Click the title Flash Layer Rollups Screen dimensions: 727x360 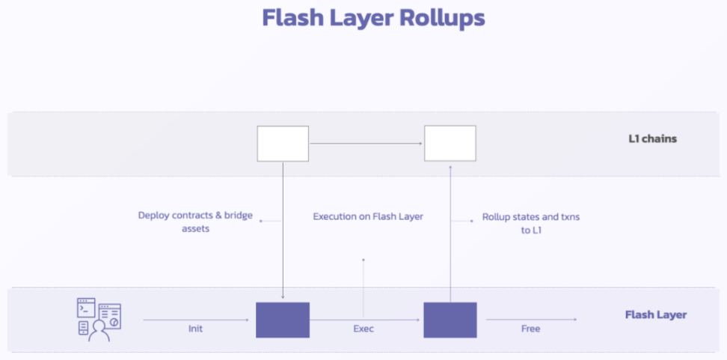point(373,18)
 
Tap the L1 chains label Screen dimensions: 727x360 point(652,138)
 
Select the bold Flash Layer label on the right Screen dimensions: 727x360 point(656,315)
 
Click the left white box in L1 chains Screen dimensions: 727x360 point(283,144)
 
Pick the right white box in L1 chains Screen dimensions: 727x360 point(450,144)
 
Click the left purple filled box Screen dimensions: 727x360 point(283,320)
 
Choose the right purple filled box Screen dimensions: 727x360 point(450,320)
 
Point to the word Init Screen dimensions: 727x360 point(196,329)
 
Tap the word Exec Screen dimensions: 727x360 point(363,329)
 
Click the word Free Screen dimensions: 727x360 point(531,329)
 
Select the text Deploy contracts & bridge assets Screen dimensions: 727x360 point(196,222)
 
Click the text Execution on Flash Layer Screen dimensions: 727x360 point(368,216)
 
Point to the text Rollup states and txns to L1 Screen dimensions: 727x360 point(531,223)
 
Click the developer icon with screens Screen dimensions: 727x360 point(99,320)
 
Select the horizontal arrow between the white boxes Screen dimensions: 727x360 point(366,144)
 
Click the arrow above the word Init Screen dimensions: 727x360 point(196,320)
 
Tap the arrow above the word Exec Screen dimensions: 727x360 point(365,320)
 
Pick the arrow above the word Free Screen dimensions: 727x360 point(531,320)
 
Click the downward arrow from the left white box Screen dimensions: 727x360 point(283,230)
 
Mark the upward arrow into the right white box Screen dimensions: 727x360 point(450,233)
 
